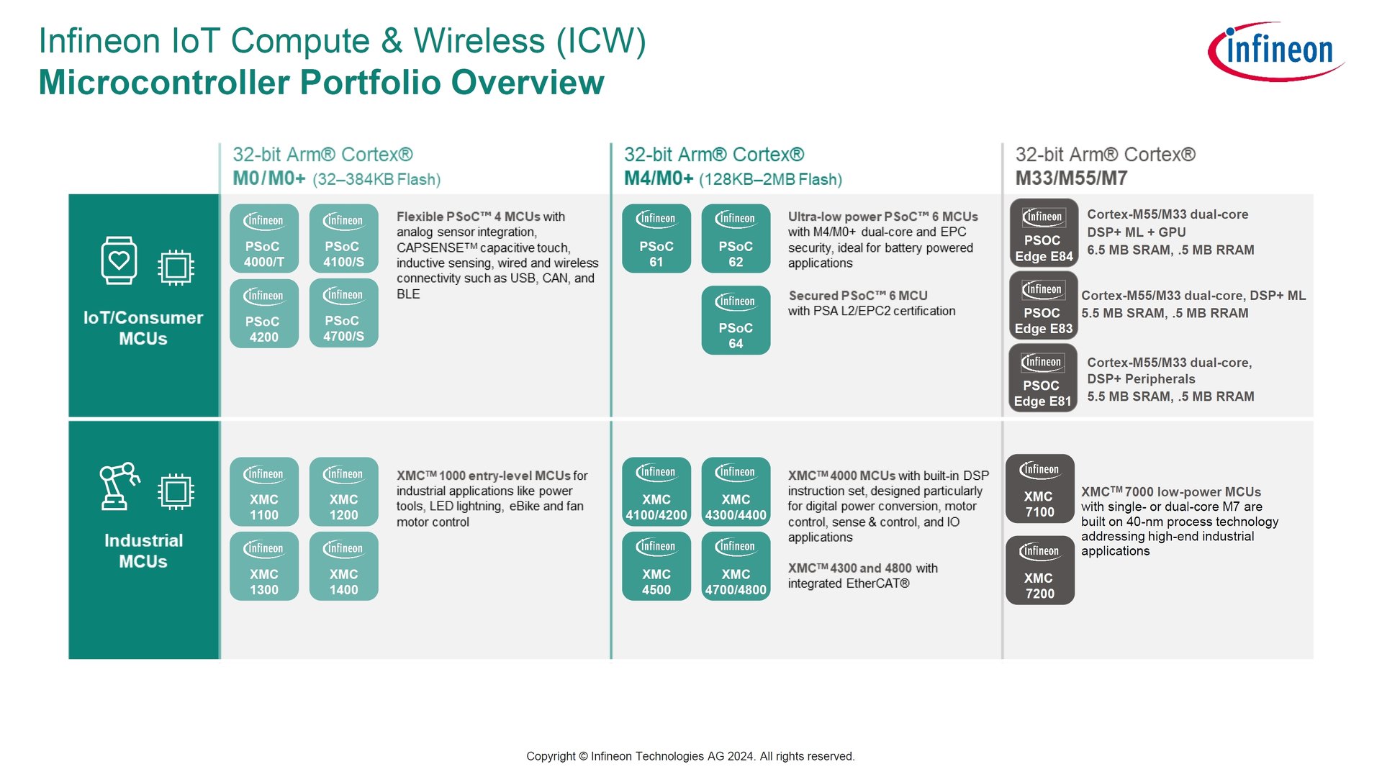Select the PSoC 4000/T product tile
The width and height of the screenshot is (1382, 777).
tap(264, 238)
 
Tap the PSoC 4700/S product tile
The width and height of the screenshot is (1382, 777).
tap(343, 313)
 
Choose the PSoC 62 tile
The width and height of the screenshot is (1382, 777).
tap(736, 238)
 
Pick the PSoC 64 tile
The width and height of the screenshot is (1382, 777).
tap(736, 320)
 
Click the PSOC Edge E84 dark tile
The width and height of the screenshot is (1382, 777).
tap(1044, 233)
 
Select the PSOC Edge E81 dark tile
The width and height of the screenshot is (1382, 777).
tap(1042, 378)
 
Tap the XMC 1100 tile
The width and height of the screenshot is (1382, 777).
tap(264, 491)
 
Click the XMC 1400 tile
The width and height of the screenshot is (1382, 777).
tap(343, 566)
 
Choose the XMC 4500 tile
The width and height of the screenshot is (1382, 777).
tap(656, 566)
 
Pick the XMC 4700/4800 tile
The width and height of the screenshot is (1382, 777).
tap(736, 566)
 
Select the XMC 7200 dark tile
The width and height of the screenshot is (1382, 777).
tap(1039, 570)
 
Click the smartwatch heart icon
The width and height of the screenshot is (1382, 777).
tap(119, 260)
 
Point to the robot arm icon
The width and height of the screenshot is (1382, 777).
tap(119, 486)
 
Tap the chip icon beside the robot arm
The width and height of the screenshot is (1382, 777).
tap(176, 492)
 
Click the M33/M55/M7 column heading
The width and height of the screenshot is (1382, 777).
tap(1071, 178)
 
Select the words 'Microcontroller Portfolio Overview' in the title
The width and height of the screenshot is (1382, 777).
tap(321, 82)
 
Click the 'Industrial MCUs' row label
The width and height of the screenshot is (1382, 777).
tap(143, 550)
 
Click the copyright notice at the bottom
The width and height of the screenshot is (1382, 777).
tap(690, 756)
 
